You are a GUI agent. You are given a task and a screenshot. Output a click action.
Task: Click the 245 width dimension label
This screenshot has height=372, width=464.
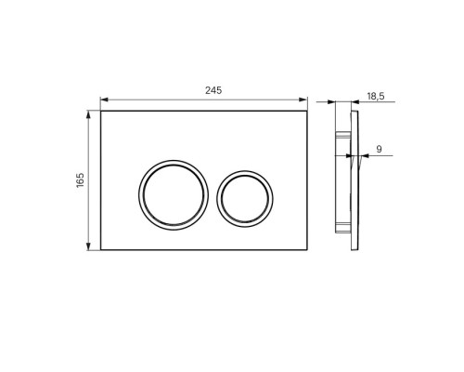point(213,90)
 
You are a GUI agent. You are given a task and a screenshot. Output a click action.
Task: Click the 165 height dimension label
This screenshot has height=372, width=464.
point(80,180)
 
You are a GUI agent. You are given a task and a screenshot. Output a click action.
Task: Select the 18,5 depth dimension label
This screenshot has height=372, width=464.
point(376,97)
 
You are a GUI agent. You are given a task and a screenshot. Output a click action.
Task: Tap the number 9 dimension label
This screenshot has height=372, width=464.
point(379,149)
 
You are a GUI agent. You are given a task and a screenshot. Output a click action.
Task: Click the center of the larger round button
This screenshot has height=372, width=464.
point(174,195)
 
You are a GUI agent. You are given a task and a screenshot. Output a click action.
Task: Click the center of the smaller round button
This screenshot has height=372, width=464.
point(245,199)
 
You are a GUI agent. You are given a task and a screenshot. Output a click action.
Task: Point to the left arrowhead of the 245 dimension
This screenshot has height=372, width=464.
point(104,100)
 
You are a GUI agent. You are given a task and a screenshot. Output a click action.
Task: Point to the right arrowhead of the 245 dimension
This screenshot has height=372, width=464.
point(303,100)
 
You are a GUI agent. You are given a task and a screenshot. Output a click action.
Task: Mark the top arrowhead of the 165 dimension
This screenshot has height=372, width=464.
point(88,114)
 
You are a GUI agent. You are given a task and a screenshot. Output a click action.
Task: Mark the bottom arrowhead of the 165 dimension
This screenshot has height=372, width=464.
point(88,246)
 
